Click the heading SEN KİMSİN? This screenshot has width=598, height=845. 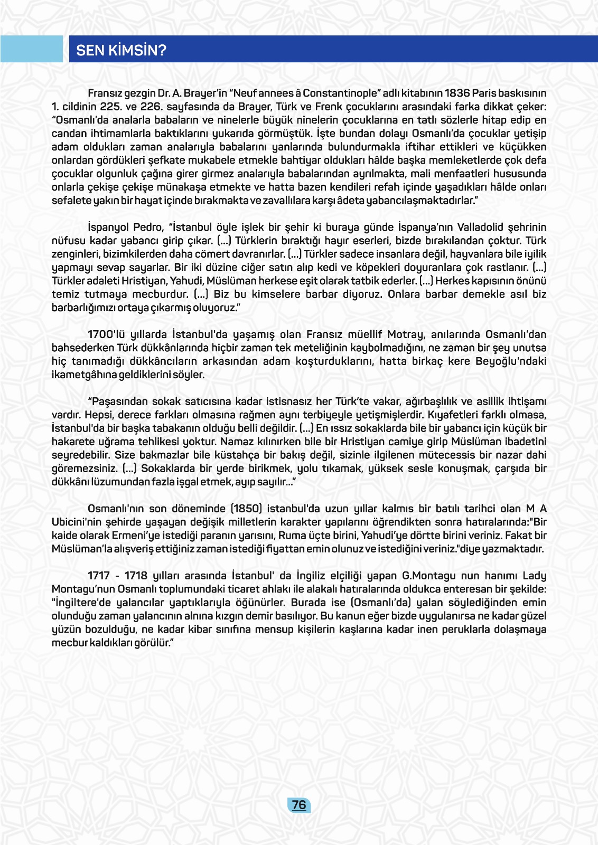[x=121, y=50]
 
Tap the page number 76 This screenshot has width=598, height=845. [x=299, y=805]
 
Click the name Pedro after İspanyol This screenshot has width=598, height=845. [x=148, y=228]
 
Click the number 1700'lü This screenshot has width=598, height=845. [x=108, y=335]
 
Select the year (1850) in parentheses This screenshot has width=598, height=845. [x=246, y=509]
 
